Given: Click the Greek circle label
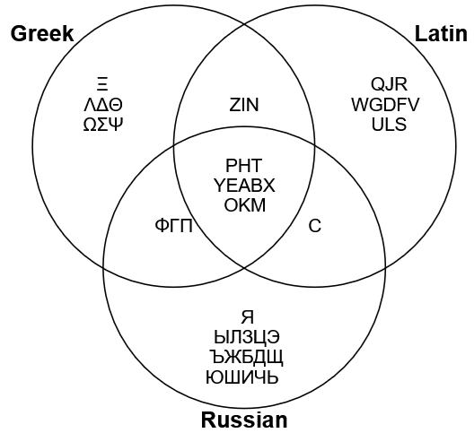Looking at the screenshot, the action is (42, 33).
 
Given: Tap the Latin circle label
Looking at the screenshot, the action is (441, 33).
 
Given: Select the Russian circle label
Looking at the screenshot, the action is (244, 420).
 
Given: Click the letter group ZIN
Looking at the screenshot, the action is (244, 105).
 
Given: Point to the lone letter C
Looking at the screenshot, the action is (315, 226).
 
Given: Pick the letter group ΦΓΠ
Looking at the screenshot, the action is (174, 226).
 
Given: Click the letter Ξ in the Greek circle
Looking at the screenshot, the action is (102, 84).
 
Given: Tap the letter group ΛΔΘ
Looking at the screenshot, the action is (103, 105).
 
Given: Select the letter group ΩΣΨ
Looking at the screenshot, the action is (103, 125).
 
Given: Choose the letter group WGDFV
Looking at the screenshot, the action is (385, 105).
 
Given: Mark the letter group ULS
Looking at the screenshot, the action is (389, 125).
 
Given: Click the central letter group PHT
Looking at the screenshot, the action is (243, 166).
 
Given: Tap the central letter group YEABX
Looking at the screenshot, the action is (244, 186).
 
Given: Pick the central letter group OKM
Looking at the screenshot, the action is (245, 205).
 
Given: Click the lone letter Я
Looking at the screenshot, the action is (248, 316).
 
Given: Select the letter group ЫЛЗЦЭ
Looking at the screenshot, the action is (247, 337).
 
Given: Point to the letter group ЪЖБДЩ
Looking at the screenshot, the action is (247, 358).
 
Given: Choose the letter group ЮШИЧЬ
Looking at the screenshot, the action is (241, 377).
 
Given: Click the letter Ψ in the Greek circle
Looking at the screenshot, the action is (118, 125).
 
